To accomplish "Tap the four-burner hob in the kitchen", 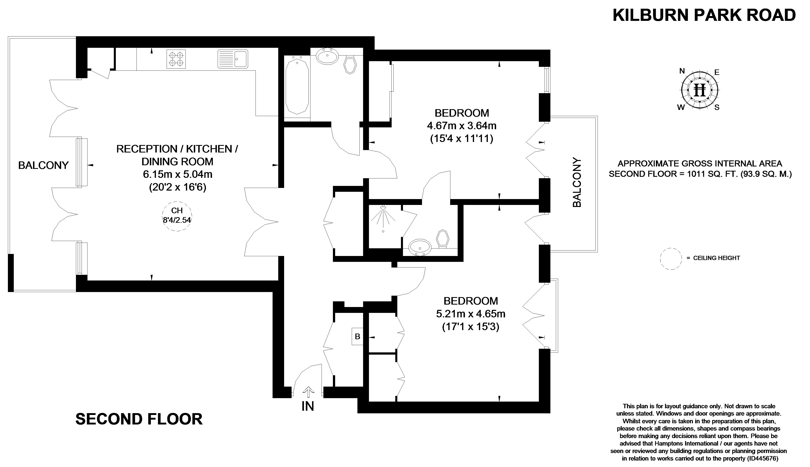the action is tap(176, 59).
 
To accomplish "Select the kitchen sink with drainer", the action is tap(233, 59).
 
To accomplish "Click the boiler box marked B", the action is tap(357, 336).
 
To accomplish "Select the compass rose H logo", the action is tap(699, 90).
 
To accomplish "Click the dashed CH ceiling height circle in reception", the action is tap(177, 216).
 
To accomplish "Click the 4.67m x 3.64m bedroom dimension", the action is tap(461, 125).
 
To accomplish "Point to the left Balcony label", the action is tap(43, 165).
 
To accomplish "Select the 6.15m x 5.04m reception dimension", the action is tap(177, 174).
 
